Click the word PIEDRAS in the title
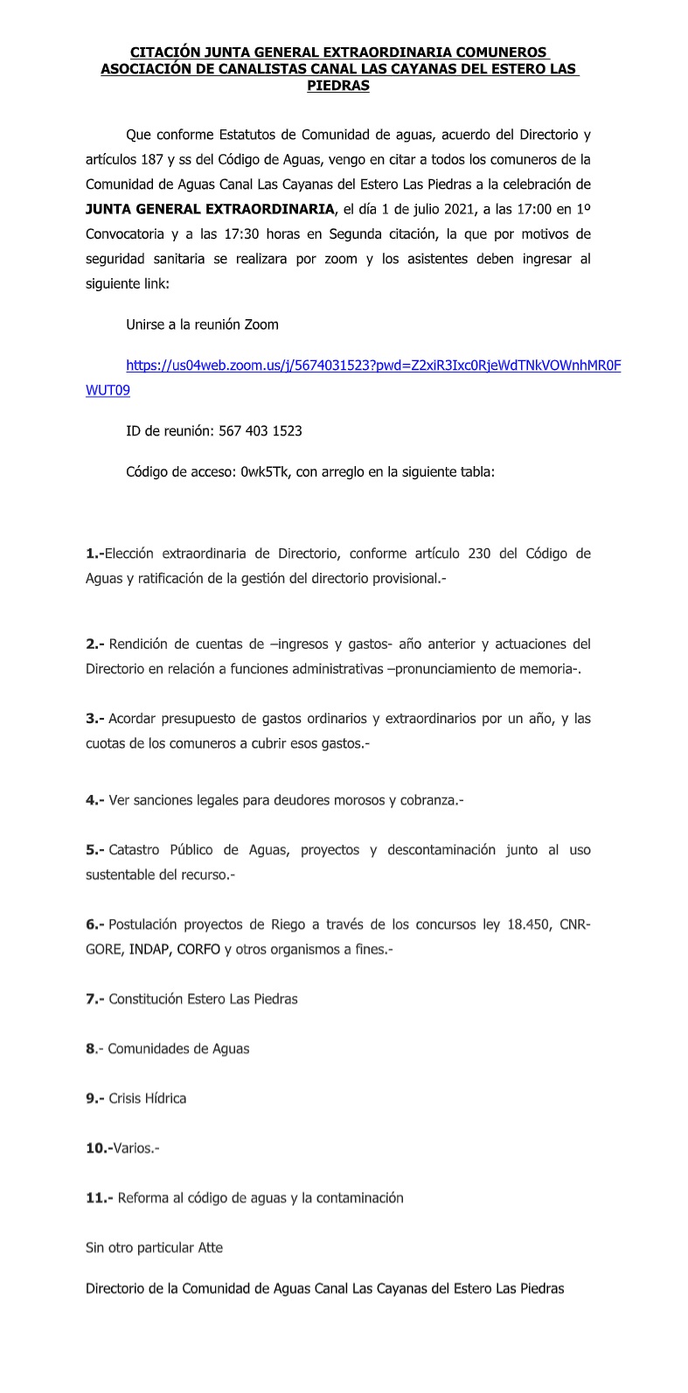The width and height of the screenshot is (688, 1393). click(338, 86)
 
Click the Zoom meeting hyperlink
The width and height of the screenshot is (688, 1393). click(373, 366)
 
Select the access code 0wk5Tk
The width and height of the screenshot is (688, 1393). click(268, 472)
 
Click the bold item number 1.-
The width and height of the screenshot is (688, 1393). click(94, 554)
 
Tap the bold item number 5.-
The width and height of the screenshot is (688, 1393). click(95, 849)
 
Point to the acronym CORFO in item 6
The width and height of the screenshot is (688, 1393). click(198, 949)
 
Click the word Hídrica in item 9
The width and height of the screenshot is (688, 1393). click(163, 1098)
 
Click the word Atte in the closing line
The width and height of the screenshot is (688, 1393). click(211, 1248)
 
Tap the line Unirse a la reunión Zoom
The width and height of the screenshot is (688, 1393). click(202, 324)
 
